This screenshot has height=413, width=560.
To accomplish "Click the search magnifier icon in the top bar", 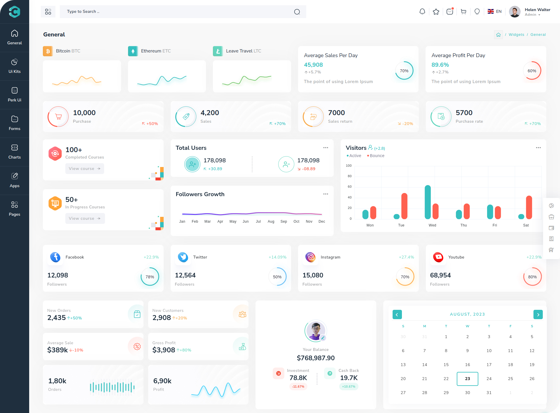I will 297,12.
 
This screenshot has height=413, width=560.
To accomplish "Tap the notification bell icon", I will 422,12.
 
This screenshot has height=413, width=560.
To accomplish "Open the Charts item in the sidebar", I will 15,152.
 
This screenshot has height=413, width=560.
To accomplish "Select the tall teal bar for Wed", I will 428,202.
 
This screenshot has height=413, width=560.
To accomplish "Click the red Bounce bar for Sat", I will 529,207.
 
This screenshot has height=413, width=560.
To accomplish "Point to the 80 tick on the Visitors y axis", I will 349,176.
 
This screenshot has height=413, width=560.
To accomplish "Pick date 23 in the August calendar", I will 467,379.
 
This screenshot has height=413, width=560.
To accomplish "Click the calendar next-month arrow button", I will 538,314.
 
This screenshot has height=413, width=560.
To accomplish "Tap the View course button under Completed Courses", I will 85,168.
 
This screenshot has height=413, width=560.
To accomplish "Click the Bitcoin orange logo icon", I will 48,51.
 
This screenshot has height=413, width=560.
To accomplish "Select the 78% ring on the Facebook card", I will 150,277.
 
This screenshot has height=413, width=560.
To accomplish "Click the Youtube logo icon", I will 438,257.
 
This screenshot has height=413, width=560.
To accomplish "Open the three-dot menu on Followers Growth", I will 325,194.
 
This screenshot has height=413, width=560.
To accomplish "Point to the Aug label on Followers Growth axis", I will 271,222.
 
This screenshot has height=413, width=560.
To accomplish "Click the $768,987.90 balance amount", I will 316,358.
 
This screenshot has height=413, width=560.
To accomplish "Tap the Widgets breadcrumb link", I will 516,35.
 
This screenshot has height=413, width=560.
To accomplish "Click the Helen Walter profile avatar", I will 514,12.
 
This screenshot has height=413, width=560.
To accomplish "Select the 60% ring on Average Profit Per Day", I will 532,71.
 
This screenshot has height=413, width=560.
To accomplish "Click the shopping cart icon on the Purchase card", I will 58,117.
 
